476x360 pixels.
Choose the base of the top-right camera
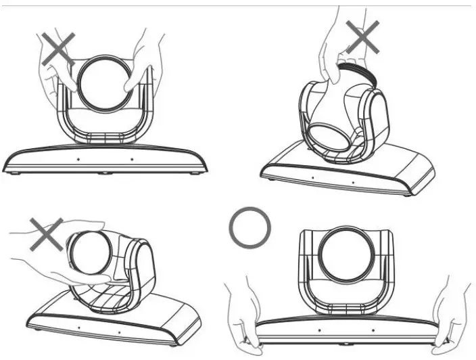[352, 173]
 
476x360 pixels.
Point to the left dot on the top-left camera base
[77, 160]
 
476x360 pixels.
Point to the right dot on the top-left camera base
[131, 160]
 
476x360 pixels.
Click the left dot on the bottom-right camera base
[319, 332]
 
